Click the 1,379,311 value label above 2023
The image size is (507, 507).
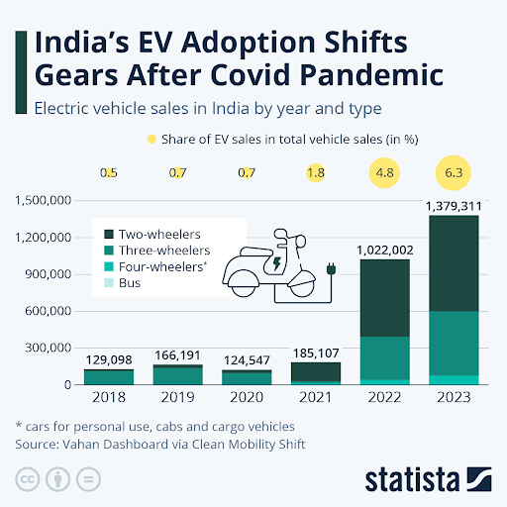click(x=454, y=206)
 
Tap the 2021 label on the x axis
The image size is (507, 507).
click(x=316, y=397)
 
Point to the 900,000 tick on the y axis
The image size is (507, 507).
click(x=48, y=274)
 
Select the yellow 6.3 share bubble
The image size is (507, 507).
click(x=454, y=172)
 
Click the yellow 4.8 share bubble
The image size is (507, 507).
click(x=384, y=173)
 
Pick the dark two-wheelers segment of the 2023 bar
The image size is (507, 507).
click(x=454, y=263)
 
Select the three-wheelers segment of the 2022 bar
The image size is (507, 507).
click(x=385, y=358)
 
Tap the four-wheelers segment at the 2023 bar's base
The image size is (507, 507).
click(x=454, y=380)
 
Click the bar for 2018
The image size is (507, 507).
click(x=109, y=377)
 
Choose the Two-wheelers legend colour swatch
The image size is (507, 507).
click(x=109, y=234)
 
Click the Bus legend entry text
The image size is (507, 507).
click(x=130, y=283)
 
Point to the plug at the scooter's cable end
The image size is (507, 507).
click(x=331, y=268)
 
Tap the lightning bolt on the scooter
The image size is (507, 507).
click(x=276, y=263)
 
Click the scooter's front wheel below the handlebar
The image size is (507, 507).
click(x=302, y=284)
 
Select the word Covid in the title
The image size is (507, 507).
click(x=252, y=75)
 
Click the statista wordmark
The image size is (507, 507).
click(x=412, y=479)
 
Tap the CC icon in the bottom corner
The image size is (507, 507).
click(x=28, y=479)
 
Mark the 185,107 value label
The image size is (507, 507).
click(x=316, y=354)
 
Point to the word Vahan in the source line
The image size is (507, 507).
click(x=81, y=445)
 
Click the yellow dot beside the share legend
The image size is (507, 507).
click(x=152, y=140)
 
